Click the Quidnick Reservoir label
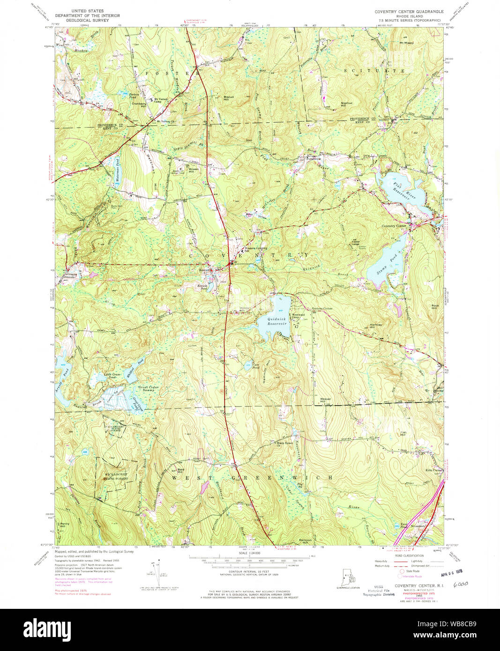[276, 321]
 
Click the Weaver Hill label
[326, 400]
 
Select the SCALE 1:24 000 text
[249, 553]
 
